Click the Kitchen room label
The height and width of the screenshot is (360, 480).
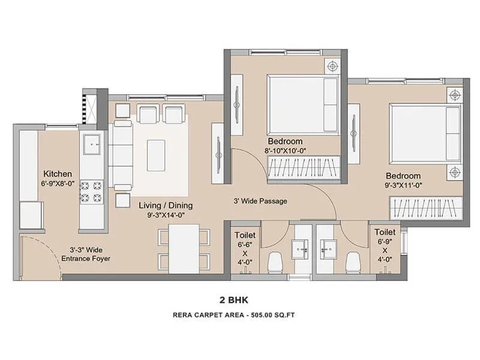tap(58, 173)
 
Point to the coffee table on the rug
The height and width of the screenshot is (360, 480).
tap(156, 155)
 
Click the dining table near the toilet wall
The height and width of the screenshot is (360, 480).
tap(184, 248)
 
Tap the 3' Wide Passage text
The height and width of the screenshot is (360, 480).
tap(260, 201)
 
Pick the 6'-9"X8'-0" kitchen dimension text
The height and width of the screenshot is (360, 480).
tap(58, 184)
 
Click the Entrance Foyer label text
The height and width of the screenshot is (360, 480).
tap(86, 259)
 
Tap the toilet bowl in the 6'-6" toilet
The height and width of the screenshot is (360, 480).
tap(275, 261)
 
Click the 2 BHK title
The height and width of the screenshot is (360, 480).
tap(240, 298)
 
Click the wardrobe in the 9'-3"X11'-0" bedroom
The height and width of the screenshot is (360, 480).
tap(425, 208)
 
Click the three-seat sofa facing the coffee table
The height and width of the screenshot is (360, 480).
tap(122, 155)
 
